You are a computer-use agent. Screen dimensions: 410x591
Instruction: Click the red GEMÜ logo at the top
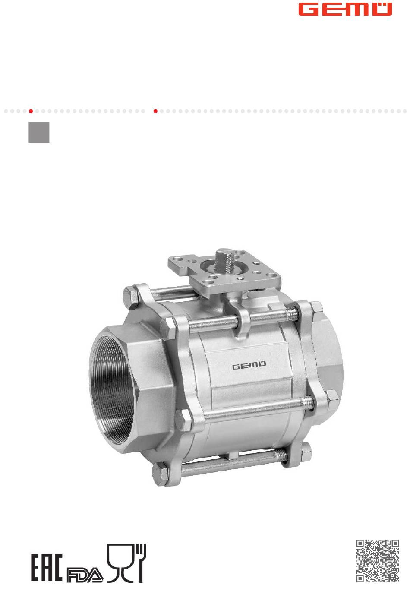(345, 9)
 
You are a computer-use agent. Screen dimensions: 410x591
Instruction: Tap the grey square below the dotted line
(39, 132)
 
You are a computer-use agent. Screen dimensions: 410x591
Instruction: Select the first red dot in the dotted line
(31, 111)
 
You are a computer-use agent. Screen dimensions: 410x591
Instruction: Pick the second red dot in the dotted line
(155, 111)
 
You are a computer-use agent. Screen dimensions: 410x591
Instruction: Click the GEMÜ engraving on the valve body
(249, 367)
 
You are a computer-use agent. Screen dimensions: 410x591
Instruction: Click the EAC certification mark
(47, 567)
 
